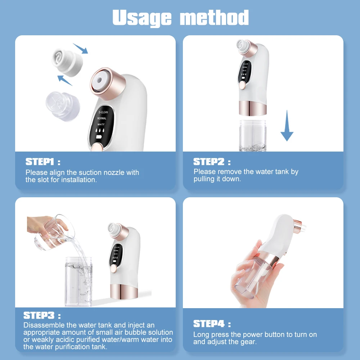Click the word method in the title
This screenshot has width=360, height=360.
(x=215, y=17)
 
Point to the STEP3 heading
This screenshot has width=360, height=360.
(x=39, y=315)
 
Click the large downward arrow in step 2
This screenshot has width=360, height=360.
(x=287, y=126)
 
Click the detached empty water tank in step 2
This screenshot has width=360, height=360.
(x=252, y=135)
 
